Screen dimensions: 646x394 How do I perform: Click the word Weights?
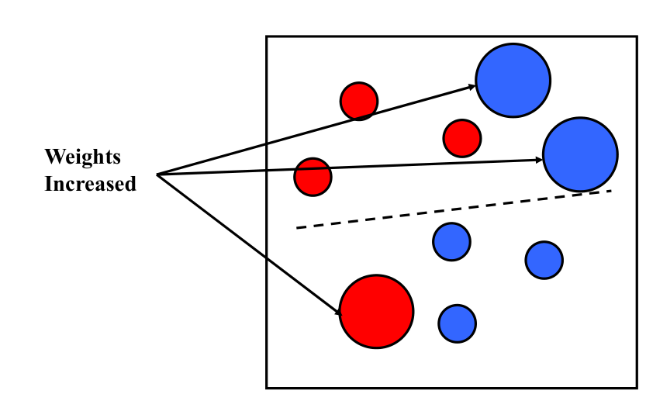[82, 157]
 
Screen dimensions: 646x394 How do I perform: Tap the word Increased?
[90, 184]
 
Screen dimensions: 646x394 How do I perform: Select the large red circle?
[376, 312]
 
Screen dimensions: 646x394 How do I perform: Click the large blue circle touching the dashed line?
[580, 154]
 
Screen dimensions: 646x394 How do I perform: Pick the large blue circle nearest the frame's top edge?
[513, 81]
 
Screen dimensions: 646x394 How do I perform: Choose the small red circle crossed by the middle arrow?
[313, 177]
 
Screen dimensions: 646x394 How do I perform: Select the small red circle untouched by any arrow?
[462, 139]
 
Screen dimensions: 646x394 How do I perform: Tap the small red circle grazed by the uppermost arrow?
[359, 102]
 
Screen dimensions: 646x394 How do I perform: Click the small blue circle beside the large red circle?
[458, 323]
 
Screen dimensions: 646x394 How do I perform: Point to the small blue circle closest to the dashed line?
[451, 242]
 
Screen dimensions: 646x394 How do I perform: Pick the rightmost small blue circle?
[544, 261]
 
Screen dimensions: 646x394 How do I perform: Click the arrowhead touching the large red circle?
[338, 312]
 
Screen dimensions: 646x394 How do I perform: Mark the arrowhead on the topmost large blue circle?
[472, 87]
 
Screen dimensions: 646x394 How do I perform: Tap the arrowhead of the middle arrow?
[538, 160]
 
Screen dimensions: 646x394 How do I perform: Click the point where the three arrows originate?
[157, 175]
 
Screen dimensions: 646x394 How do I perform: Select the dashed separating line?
[454, 209]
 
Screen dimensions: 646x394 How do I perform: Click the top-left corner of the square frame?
[267, 36]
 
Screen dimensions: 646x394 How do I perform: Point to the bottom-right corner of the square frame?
[637, 387]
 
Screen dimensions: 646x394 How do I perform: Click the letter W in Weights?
[55, 157]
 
